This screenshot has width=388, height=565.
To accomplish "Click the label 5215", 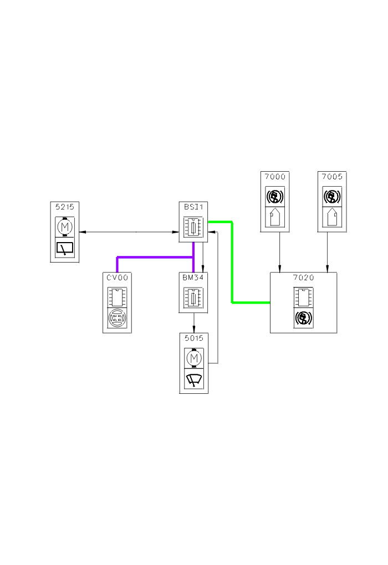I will point(65,206).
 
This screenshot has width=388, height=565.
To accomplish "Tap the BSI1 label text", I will point(193,206).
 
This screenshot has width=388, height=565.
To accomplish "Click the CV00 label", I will point(117,277).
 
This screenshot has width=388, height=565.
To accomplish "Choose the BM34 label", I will point(193,277).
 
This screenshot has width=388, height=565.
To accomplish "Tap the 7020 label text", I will point(303,278).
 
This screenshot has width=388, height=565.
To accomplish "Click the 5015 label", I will point(193,337).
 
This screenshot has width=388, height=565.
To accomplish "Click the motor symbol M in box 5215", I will point(65,227).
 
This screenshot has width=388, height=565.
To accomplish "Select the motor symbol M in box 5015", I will point(194,358).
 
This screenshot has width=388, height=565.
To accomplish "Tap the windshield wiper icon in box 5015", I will point(194,381).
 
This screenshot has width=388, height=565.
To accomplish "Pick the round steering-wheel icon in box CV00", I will point(117,319).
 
